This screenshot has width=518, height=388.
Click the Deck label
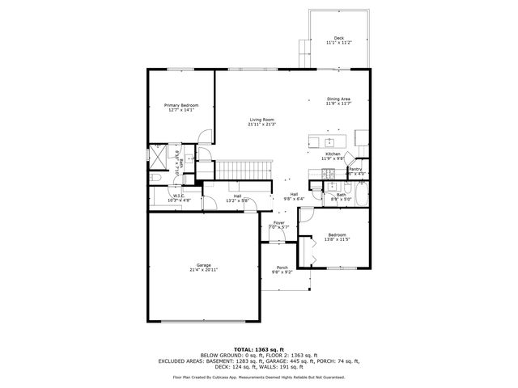point(338,38)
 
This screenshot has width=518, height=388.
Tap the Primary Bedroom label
point(181,105)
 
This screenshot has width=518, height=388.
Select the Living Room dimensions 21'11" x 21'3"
point(261,124)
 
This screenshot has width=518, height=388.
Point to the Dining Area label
point(338,99)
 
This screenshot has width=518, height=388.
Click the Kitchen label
point(333,154)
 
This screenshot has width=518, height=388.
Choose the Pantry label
point(355,169)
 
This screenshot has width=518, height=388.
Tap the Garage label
point(203,264)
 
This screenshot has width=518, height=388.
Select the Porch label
point(282,268)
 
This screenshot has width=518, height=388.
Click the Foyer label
point(278,222)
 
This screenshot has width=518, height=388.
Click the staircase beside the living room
point(243,170)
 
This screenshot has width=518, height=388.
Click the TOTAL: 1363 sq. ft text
point(258,348)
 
